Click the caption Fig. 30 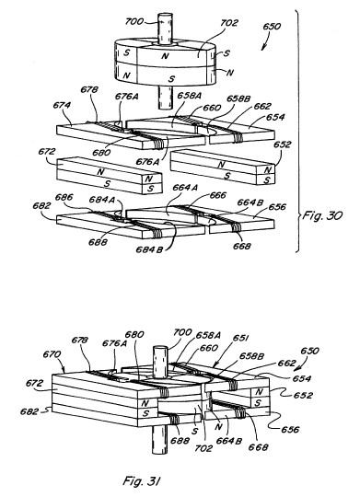coord(322,215)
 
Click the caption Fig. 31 coord(141,480)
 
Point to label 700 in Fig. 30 coord(134,21)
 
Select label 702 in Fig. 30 coord(228,23)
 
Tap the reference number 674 coord(62,105)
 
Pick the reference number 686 coord(64,197)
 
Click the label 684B coord(149,249)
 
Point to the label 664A coord(185,188)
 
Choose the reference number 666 coord(217,195)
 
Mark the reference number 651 coord(240,338)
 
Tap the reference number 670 coord(52,353)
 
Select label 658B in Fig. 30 coord(238,98)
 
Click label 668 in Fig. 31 coord(258,447)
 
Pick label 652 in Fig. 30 coord(282,144)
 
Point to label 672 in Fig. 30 coord(47,152)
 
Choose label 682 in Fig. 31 coord(29,411)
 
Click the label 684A coord(101,200)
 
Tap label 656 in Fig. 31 coord(290,429)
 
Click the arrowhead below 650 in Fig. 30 coord(263,48)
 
